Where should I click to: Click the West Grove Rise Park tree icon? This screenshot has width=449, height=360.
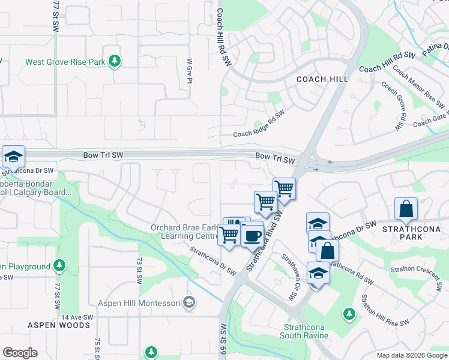point(114,61)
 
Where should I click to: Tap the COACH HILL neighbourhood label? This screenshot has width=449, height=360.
point(323,79)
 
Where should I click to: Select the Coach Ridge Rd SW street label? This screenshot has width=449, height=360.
point(259,125)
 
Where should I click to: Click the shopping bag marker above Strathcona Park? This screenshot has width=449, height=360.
point(406,209)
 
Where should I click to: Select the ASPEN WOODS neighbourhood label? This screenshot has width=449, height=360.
point(59,325)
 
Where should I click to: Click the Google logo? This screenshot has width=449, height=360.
point(20,353)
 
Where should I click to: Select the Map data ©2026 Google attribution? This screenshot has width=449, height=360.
point(411,355)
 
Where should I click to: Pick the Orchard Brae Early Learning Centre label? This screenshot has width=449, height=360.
point(184,232)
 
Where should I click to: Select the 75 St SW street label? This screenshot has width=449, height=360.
point(97,349)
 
